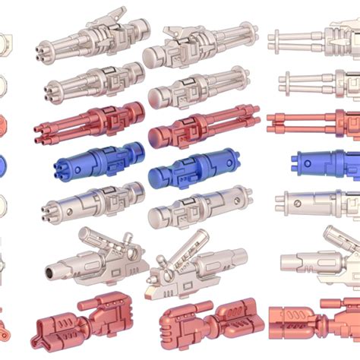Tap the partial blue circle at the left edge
point(2,163)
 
